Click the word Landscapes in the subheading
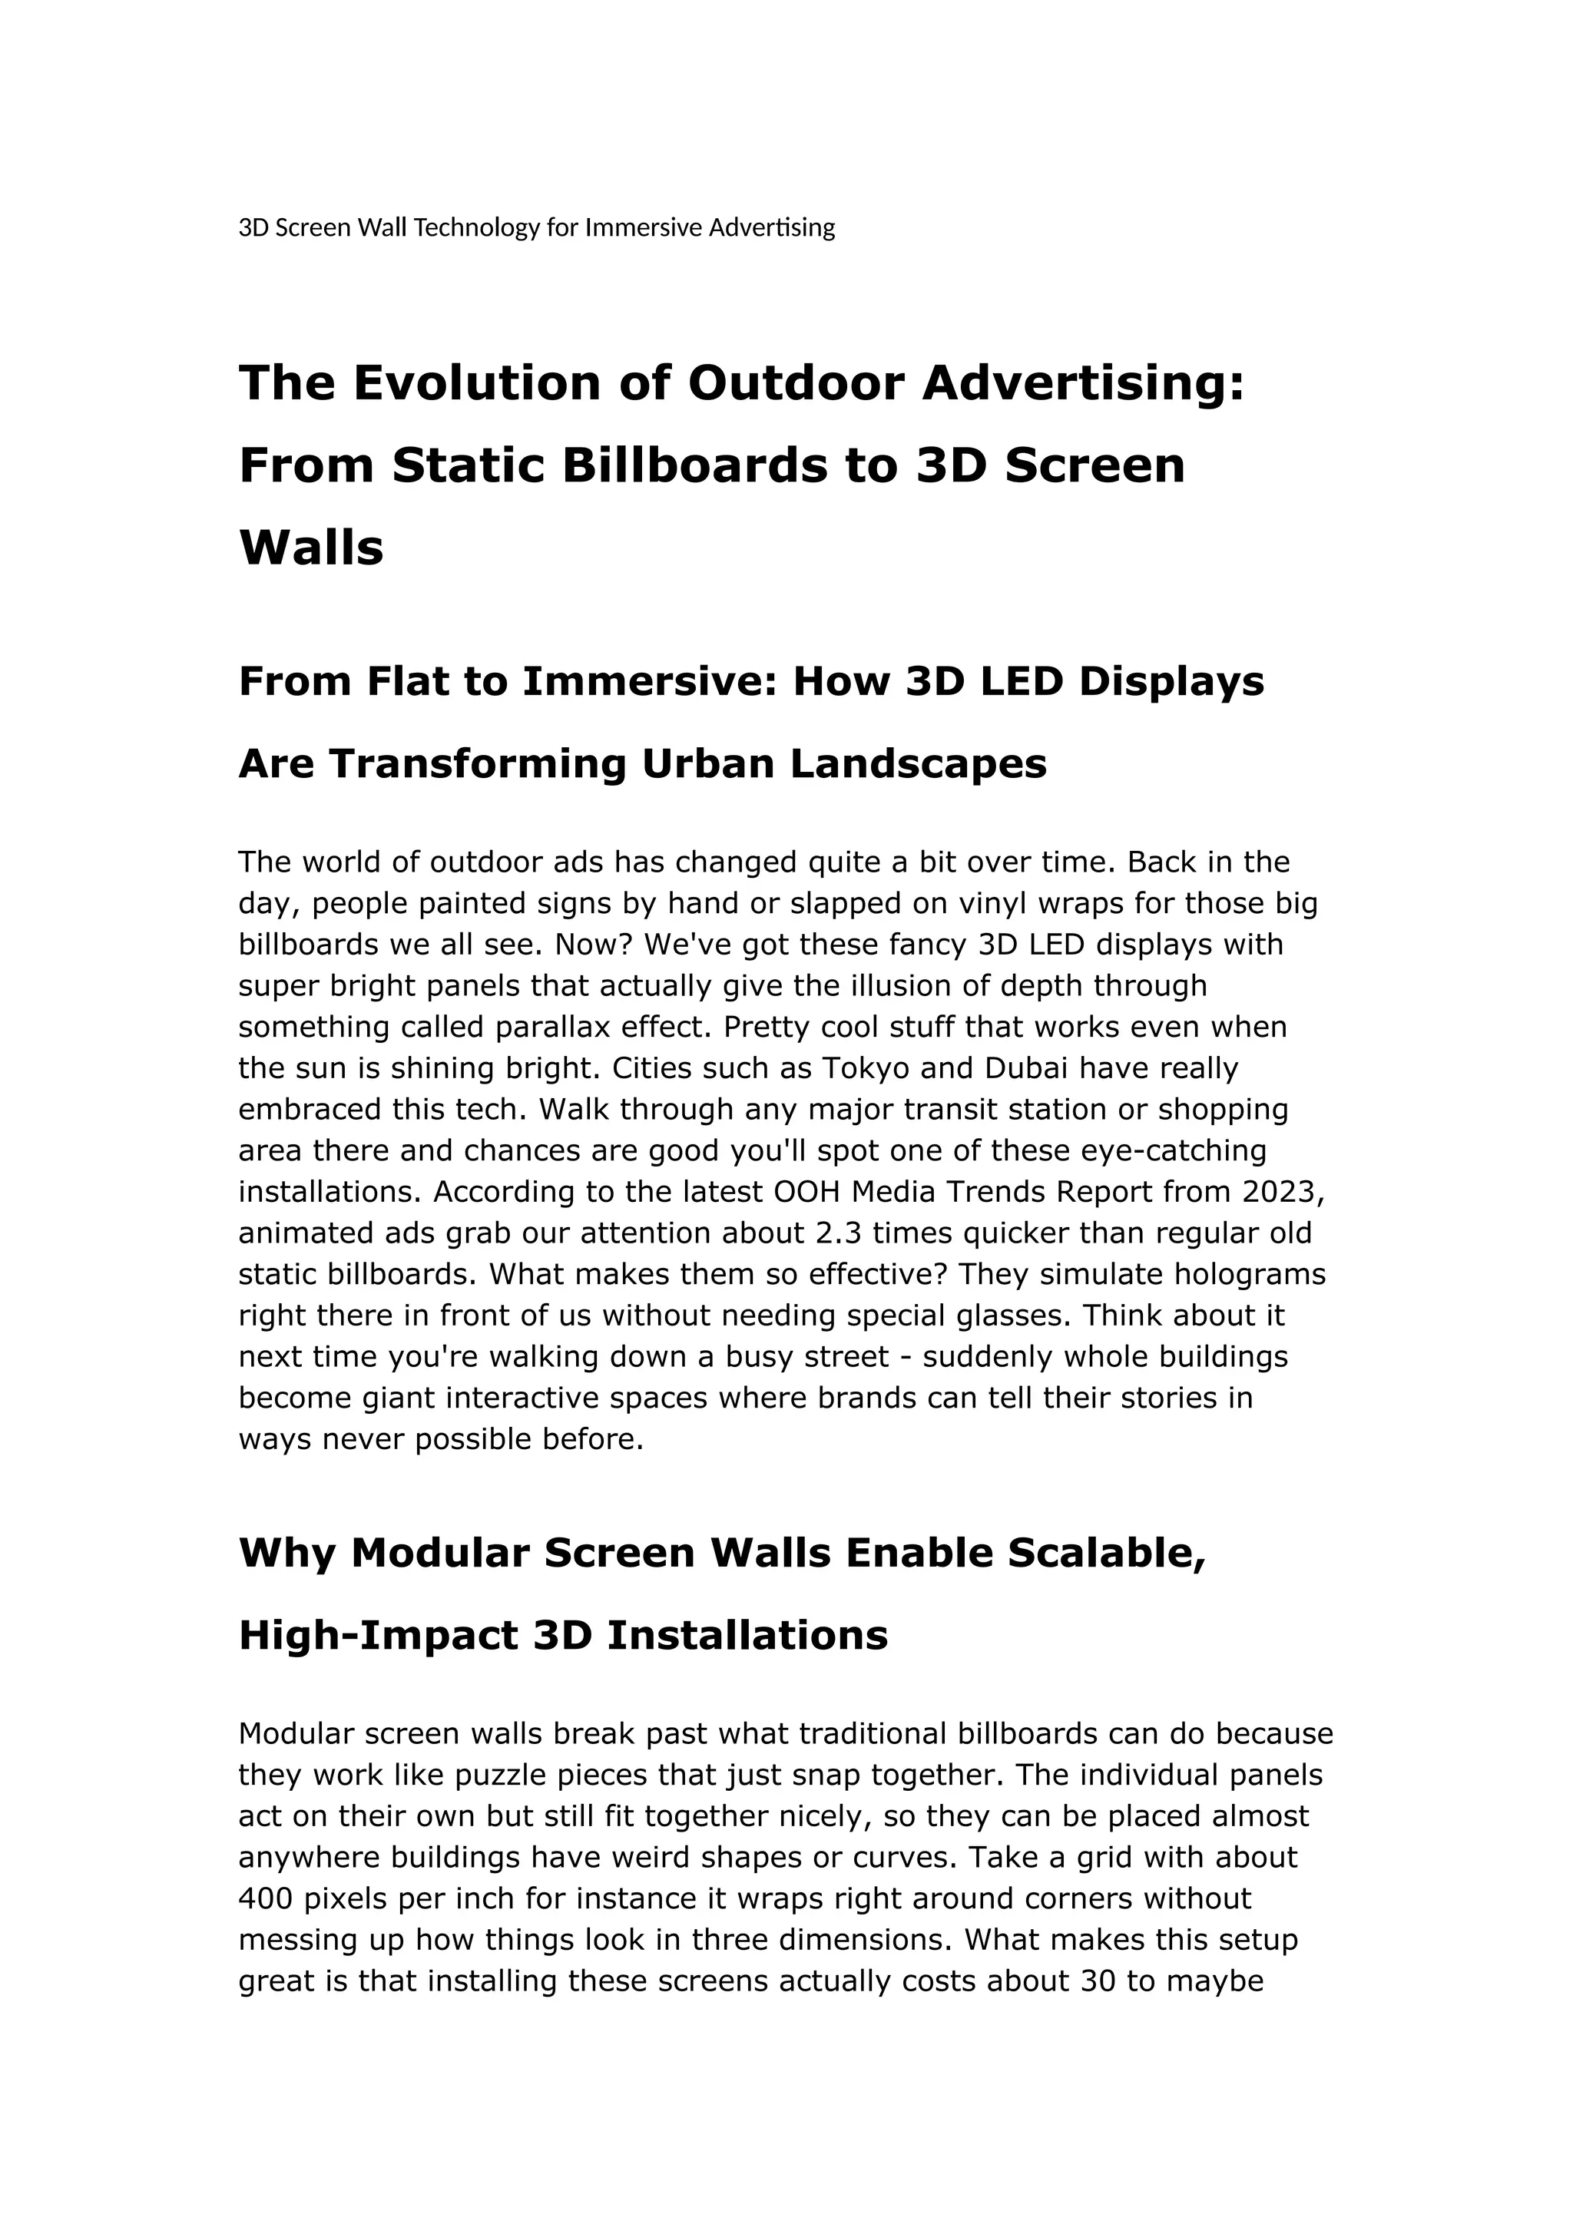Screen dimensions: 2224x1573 pyautogui.click(x=919, y=764)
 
